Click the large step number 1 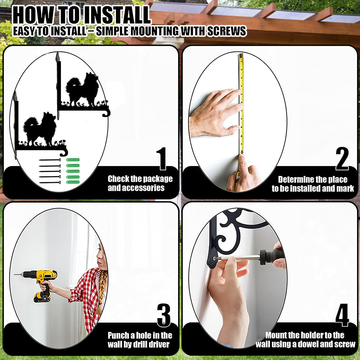click(162, 159)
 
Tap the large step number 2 click(342, 159)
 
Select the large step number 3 click(164, 315)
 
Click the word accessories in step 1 click(136, 188)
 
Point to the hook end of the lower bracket click(64, 152)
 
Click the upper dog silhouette click(83, 90)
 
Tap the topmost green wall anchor click(73, 160)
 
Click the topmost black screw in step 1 click(50, 160)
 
